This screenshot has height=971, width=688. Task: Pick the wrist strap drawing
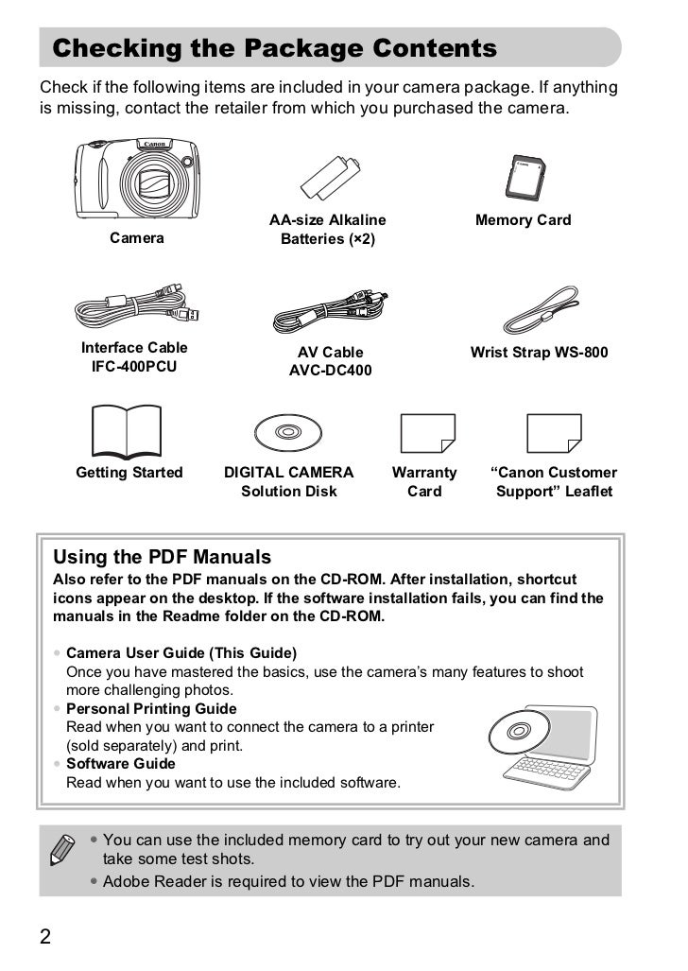pyautogui.click(x=540, y=309)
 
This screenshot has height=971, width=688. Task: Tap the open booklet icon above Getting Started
pyautogui.click(x=127, y=430)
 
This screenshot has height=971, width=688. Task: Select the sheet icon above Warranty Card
pyautogui.click(x=426, y=433)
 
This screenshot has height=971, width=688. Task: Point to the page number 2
pyautogui.click(x=44, y=937)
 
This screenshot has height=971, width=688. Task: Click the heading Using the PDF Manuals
pyautogui.click(x=162, y=557)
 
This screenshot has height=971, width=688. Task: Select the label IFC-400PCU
pyautogui.click(x=134, y=366)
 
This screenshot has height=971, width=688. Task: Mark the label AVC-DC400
pyautogui.click(x=330, y=371)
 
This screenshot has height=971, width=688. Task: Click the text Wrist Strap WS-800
pyautogui.click(x=539, y=353)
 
